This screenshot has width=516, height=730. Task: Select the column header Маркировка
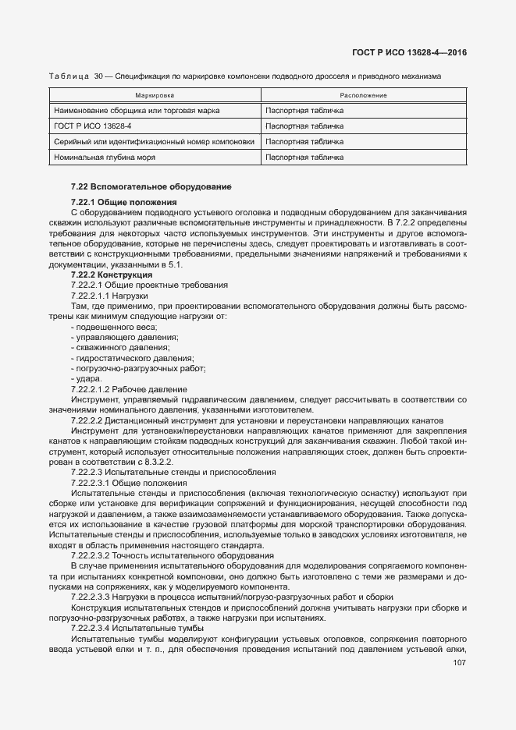(x=154, y=95)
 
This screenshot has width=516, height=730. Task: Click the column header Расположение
(x=364, y=95)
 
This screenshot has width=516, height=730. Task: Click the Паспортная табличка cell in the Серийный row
(x=304, y=141)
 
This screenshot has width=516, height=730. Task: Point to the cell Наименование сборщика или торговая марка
(x=137, y=111)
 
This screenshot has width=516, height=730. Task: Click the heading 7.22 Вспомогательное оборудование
(x=143, y=187)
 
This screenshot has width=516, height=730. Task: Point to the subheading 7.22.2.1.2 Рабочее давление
(x=129, y=388)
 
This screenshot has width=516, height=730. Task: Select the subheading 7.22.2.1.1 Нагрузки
(x=115, y=296)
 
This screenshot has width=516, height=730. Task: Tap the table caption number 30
(x=98, y=76)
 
